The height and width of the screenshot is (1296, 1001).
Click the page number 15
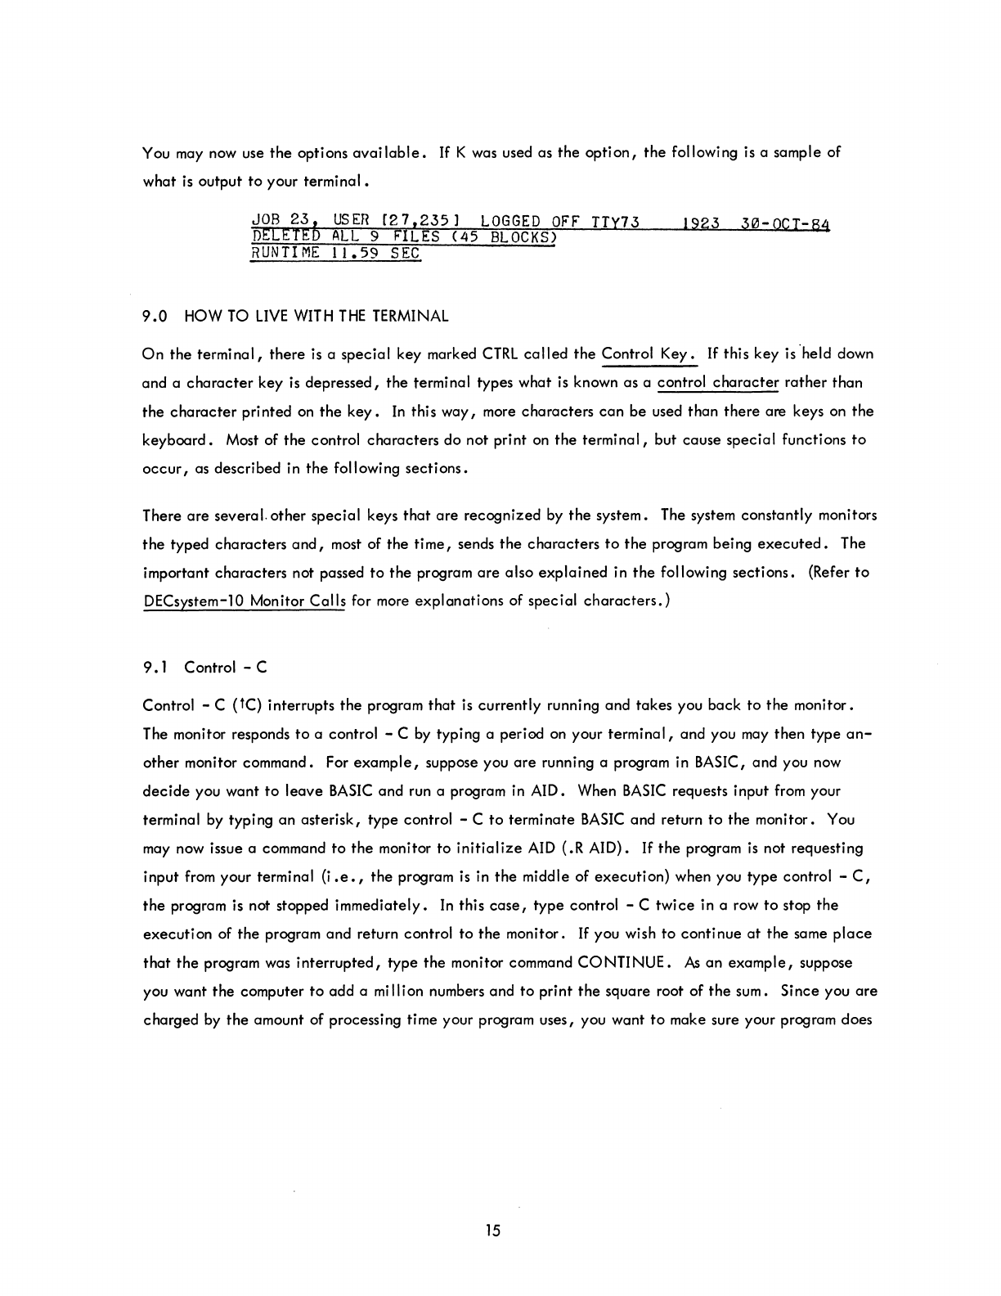pyautogui.click(x=492, y=1230)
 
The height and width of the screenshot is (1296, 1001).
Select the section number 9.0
pyautogui.click(x=155, y=316)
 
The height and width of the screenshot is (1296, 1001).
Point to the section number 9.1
pyautogui.click(x=155, y=668)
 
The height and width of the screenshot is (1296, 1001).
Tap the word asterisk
pyautogui.click(x=332, y=820)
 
